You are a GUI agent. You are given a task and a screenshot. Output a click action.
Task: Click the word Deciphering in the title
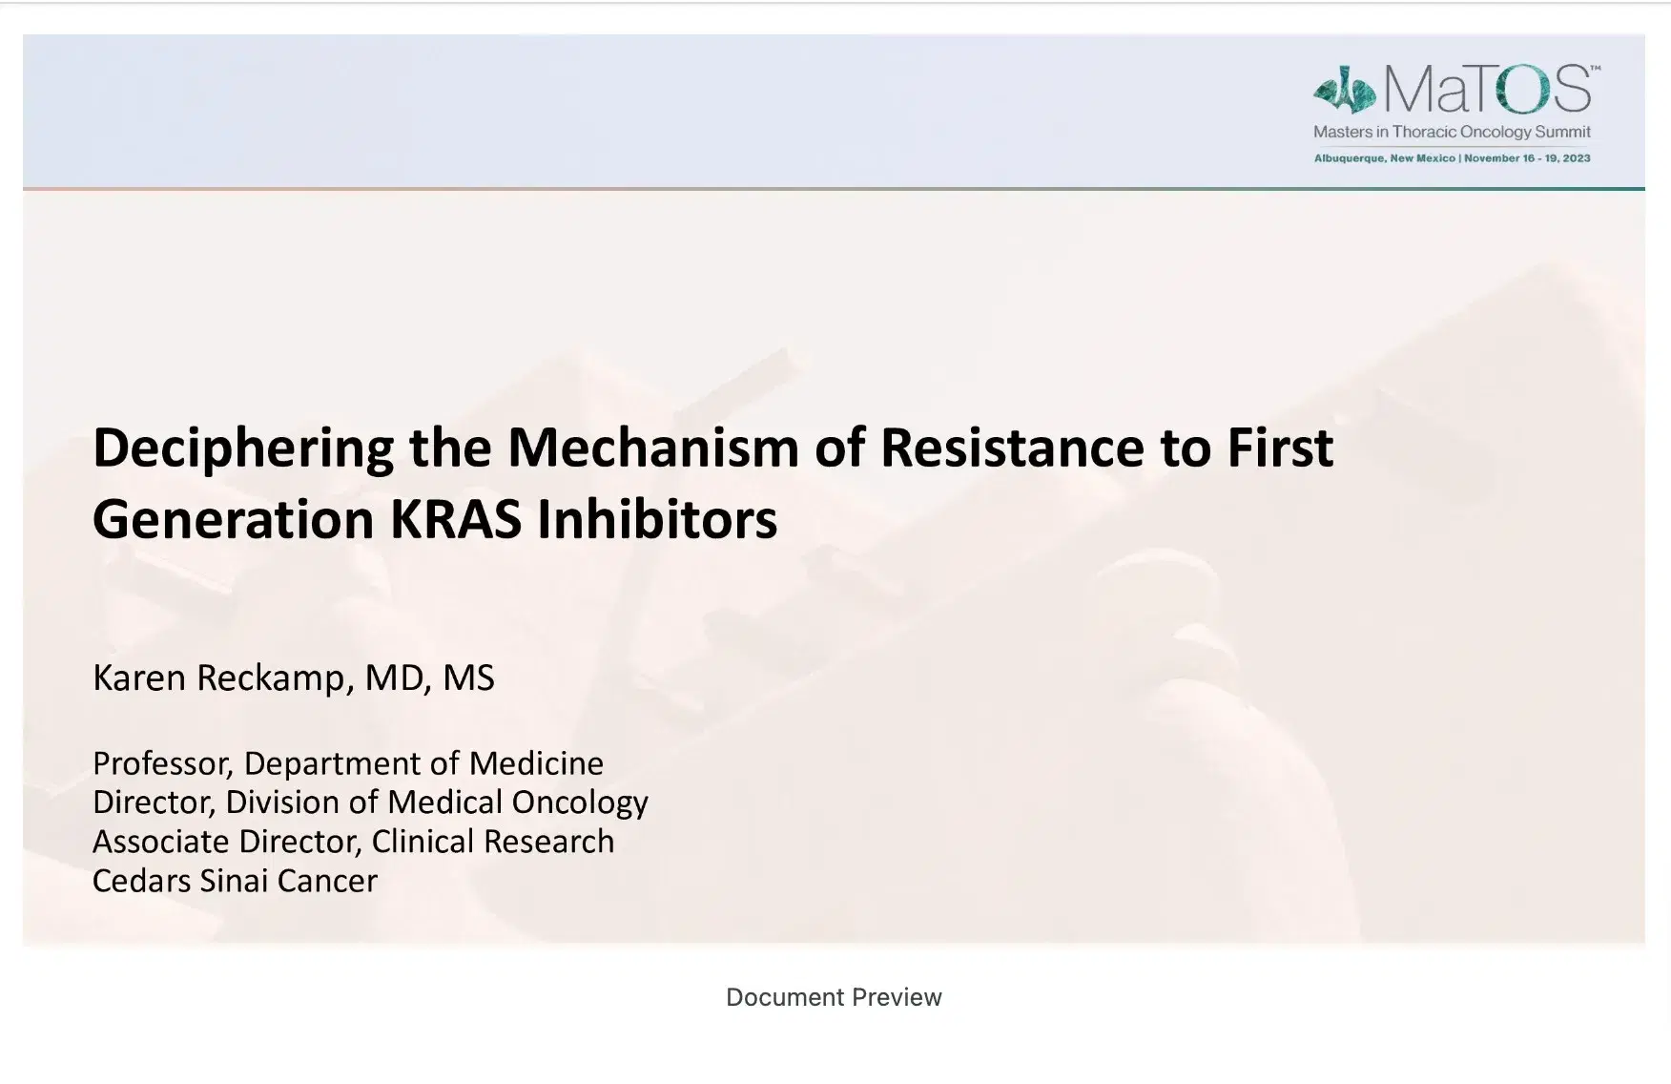[x=243, y=448]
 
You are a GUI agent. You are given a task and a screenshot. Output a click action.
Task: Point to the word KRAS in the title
[x=455, y=520]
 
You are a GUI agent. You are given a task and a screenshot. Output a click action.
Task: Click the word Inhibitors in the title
[x=657, y=520]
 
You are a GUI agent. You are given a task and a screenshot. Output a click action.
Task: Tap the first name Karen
[x=138, y=677]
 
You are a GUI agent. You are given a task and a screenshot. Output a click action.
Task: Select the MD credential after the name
[x=394, y=677]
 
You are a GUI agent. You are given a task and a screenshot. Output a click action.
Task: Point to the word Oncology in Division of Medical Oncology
[x=579, y=803]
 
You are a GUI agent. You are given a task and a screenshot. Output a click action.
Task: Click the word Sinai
[x=234, y=881]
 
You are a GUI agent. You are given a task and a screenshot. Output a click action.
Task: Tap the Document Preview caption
[x=834, y=997]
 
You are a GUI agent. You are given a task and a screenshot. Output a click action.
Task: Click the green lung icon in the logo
[x=1344, y=90]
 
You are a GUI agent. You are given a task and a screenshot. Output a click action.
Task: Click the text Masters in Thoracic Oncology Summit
[x=1452, y=132]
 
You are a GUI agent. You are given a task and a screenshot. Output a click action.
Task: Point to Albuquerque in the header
[x=1349, y=158]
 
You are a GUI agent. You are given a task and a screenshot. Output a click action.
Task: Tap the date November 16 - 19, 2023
[x=1527, y=158]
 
